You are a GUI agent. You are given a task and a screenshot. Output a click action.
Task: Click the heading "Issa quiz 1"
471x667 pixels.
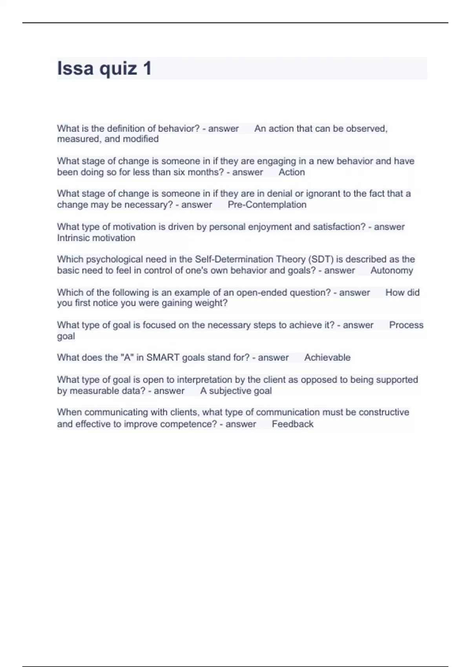pos(104,68)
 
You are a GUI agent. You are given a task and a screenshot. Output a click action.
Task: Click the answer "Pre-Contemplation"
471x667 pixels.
pos(267,205)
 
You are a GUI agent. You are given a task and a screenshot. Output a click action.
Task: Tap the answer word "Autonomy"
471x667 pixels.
pos(391,270)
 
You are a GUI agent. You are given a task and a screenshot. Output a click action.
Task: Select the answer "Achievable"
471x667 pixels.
pos(327,357)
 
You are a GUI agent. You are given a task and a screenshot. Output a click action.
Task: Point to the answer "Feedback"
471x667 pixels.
pos(292,424)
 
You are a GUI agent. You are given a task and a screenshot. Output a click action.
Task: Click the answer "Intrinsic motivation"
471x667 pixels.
pos(96,238)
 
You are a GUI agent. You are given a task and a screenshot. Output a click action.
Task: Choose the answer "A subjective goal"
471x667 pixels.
pos(236,391)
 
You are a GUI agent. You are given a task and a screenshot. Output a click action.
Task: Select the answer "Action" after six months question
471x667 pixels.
pos(292,172)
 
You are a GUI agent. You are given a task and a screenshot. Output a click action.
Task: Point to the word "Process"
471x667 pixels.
pos(406,325)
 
